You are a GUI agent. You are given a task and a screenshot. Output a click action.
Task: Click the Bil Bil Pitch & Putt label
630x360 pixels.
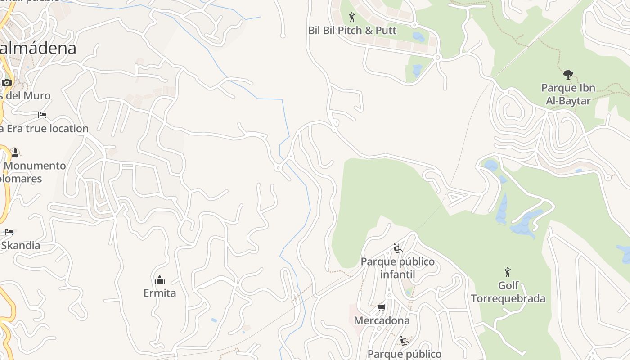(x=352, y=31)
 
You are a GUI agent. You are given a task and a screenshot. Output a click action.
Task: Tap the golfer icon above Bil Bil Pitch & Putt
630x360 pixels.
(x=352, y=18)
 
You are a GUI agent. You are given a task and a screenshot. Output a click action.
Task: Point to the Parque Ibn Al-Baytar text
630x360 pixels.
(x=568, y=94)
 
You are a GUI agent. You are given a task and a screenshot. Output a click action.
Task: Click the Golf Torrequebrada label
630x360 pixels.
(x=508, y=292)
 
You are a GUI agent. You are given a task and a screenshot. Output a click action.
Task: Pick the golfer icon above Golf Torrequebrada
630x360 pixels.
(x=508, y=272)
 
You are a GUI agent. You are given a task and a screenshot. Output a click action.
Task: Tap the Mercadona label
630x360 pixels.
(x=382, y=320)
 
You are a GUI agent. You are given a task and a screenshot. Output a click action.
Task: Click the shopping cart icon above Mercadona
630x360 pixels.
(x=382, y=308)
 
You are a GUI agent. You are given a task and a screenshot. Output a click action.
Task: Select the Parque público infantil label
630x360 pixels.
(x=398, y=268)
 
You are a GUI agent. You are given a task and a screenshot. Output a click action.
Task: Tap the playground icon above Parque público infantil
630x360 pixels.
(x=397, y=248)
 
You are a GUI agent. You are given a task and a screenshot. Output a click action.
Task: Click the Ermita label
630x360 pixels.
(x=160, y=293)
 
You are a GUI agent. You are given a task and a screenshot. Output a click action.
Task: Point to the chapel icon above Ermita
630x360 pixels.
(x=160, y=280)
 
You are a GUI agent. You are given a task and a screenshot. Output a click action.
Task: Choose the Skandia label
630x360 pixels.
(x=20, y=245)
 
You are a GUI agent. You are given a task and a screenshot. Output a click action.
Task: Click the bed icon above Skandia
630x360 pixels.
(x=9, y=232)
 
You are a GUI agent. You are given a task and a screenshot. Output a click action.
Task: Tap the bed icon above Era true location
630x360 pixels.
(x=42, y=115)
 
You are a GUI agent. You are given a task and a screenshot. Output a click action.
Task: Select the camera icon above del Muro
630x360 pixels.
(x=7, y=82)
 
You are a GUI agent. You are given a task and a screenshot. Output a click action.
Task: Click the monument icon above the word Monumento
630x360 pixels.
(x=15, y=153)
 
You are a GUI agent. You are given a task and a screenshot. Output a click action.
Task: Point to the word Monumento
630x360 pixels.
(x=35, y=166)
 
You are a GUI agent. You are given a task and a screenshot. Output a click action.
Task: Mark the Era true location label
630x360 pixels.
(x=44, y=129)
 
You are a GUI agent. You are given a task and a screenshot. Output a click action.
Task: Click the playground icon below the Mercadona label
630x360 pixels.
(x=404, y=341)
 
